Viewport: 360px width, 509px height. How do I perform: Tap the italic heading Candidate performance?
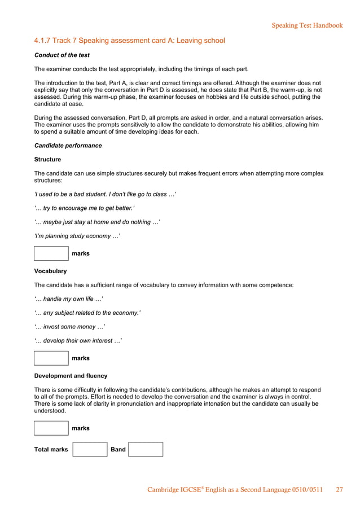(68, 146)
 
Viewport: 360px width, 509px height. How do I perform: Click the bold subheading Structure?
(47, 160)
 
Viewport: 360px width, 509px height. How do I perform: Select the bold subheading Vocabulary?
(50, 271)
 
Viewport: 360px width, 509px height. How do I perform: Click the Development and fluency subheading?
(71, 376)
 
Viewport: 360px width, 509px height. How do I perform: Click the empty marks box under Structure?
(51, 253)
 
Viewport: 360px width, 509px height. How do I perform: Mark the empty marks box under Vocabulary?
(51, 358)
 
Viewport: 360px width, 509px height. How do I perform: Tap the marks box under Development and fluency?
(51, 428)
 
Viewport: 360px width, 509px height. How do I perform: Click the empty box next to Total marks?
(90, 449)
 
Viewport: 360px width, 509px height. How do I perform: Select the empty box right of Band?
(146, 449)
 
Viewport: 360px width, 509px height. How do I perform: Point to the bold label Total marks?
(51, 450)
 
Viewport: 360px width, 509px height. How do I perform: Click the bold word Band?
(118, 450)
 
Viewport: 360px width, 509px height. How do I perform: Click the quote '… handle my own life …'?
(68, 299)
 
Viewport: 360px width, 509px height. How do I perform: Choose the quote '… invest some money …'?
(69, 327)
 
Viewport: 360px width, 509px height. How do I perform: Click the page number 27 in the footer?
(339, 490)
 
